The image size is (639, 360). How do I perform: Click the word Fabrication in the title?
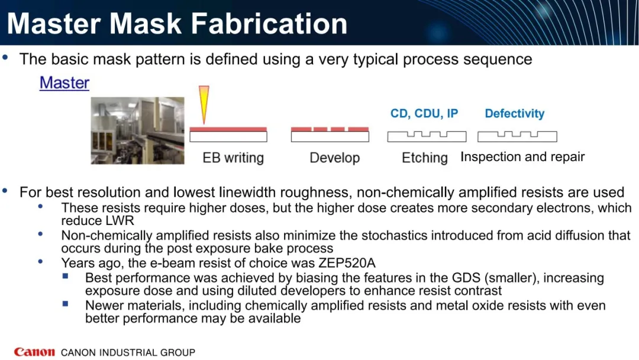(269, 23)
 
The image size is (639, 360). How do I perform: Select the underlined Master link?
(64, 83)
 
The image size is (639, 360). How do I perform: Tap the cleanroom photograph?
(137, 130)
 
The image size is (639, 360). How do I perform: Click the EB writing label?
(233, 157)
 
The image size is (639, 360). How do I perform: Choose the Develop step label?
(334, 157)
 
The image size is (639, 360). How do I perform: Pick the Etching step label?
(425, 157)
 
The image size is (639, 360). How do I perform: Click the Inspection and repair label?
(522, 157)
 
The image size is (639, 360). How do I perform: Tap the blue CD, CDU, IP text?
(424, 113)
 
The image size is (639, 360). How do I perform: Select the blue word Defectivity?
(515, 113)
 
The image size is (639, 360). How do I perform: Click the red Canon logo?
(34, 352)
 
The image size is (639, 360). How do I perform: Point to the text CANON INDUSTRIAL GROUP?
(128, 352)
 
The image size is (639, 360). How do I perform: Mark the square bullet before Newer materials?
(65, 304)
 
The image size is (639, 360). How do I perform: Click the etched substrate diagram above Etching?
(427, 136)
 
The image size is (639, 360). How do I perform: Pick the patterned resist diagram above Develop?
(330, 134)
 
